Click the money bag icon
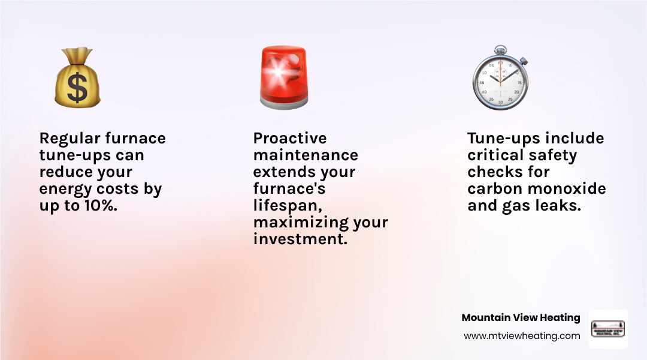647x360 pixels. [77, 79]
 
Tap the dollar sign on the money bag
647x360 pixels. [77, 88]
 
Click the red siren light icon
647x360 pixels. [283, 76]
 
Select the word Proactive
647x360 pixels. [290, 139]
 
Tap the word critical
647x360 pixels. [494, 155]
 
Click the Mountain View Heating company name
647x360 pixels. [521, 317]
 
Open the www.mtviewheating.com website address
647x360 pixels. [522, 336]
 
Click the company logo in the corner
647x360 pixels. [608, 329]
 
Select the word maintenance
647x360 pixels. [305, 155]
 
